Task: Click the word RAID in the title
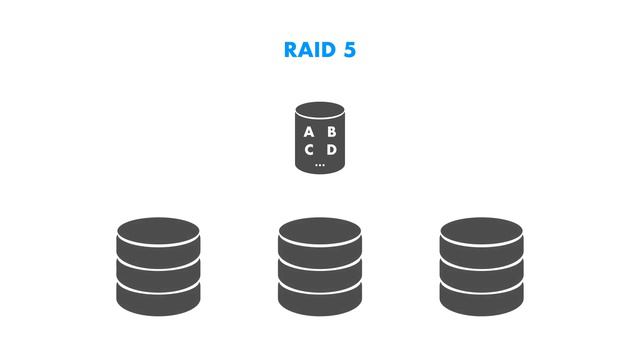click(309, 50)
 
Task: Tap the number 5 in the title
click(349, 50)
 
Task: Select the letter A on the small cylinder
click(309, 132)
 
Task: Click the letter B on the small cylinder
click(331, 132)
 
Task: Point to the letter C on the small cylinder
click(309, 150)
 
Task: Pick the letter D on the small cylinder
click(331, 150)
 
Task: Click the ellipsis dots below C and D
click(320, 163)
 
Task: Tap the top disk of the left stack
click(158, 235)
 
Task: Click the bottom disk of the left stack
click(158, 295)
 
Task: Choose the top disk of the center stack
click(320, 235)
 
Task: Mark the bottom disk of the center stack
click(320, 295)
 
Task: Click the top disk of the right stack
click(481, 235)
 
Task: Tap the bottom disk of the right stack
click(481, 295)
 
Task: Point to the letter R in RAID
click(291, 50)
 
